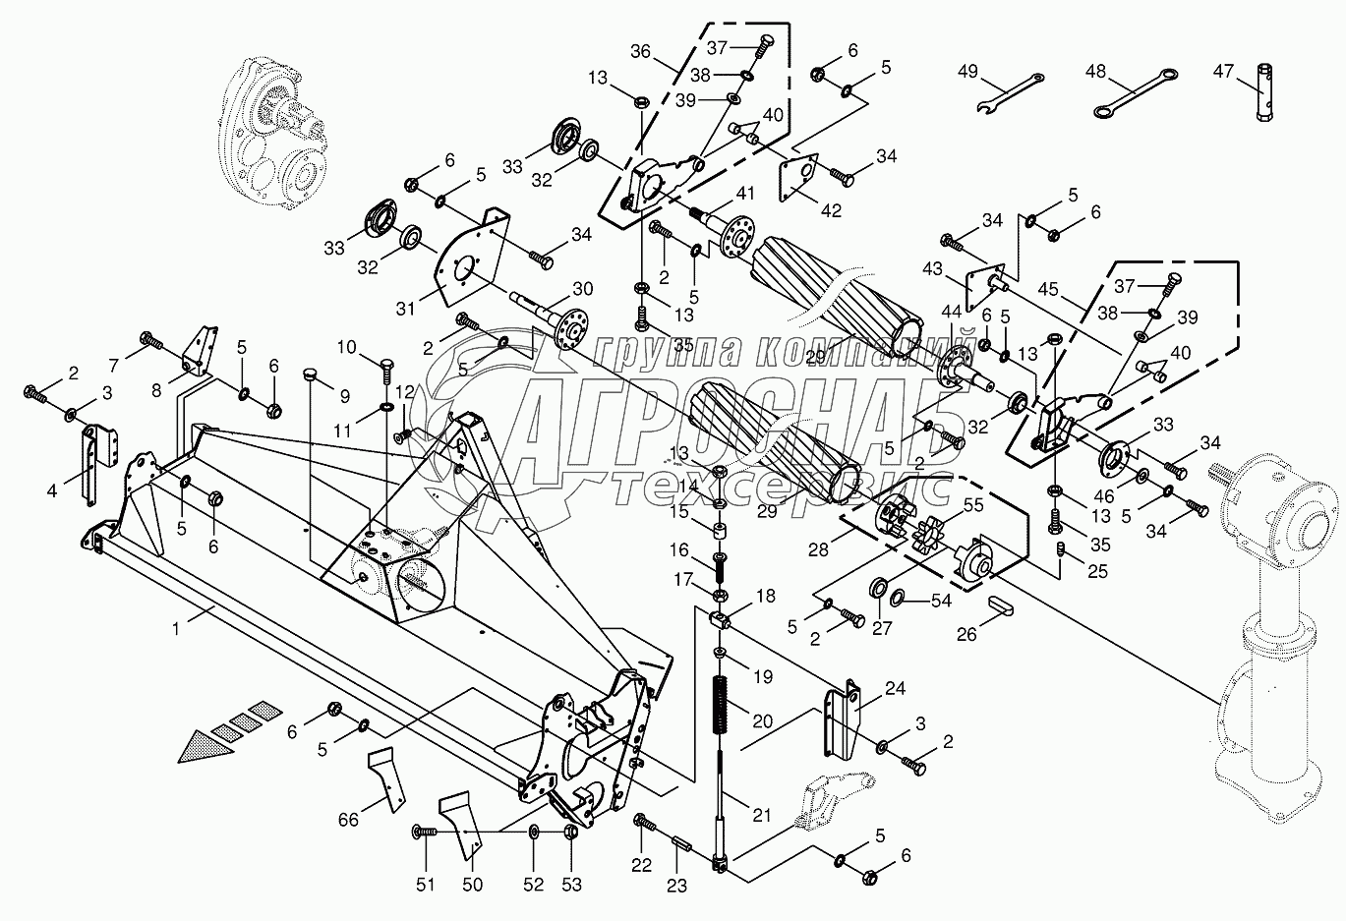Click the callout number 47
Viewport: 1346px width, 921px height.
click(1222, 71)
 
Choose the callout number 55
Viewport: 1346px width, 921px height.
click(973, 506)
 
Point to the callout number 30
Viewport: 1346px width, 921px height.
click(583, 288)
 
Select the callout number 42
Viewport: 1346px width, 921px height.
click(832, 210)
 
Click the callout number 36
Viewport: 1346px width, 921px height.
click(641, 52)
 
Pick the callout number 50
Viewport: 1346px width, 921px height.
click(473, 885)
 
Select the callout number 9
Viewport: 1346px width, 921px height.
click(344, 396)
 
